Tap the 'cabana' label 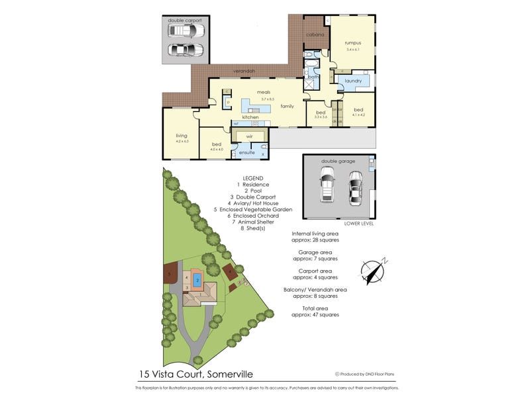pos(315,34)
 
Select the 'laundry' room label pos(352,81)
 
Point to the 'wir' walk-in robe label pos(249,136)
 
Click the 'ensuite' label pos(247,152)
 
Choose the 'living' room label pos(182,136)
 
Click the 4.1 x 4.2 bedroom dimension pos(358,114)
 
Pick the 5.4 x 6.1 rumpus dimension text pos(352,49)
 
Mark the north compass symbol pos(372,270)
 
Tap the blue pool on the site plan pos(197,281)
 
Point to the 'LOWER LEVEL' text pos(359,224)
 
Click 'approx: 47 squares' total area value pos(315,314)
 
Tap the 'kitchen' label pos(250,117)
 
